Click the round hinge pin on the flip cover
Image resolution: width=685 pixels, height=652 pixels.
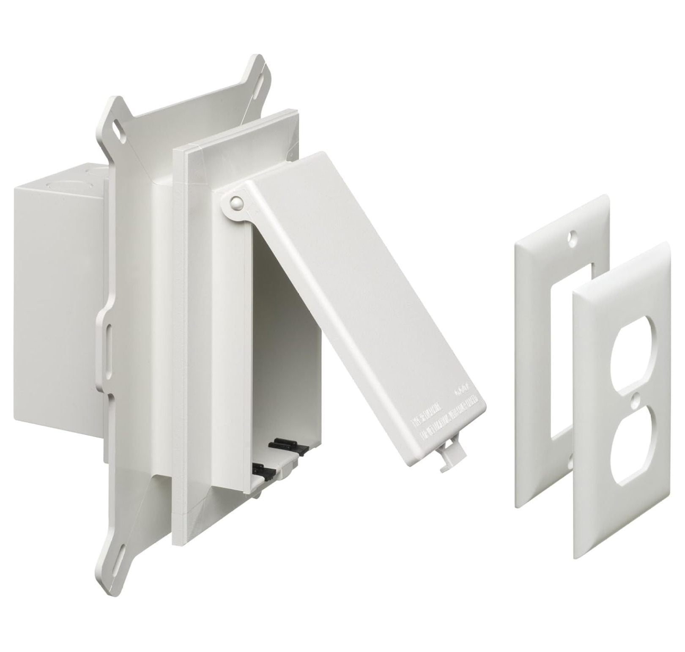pos(235,203)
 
